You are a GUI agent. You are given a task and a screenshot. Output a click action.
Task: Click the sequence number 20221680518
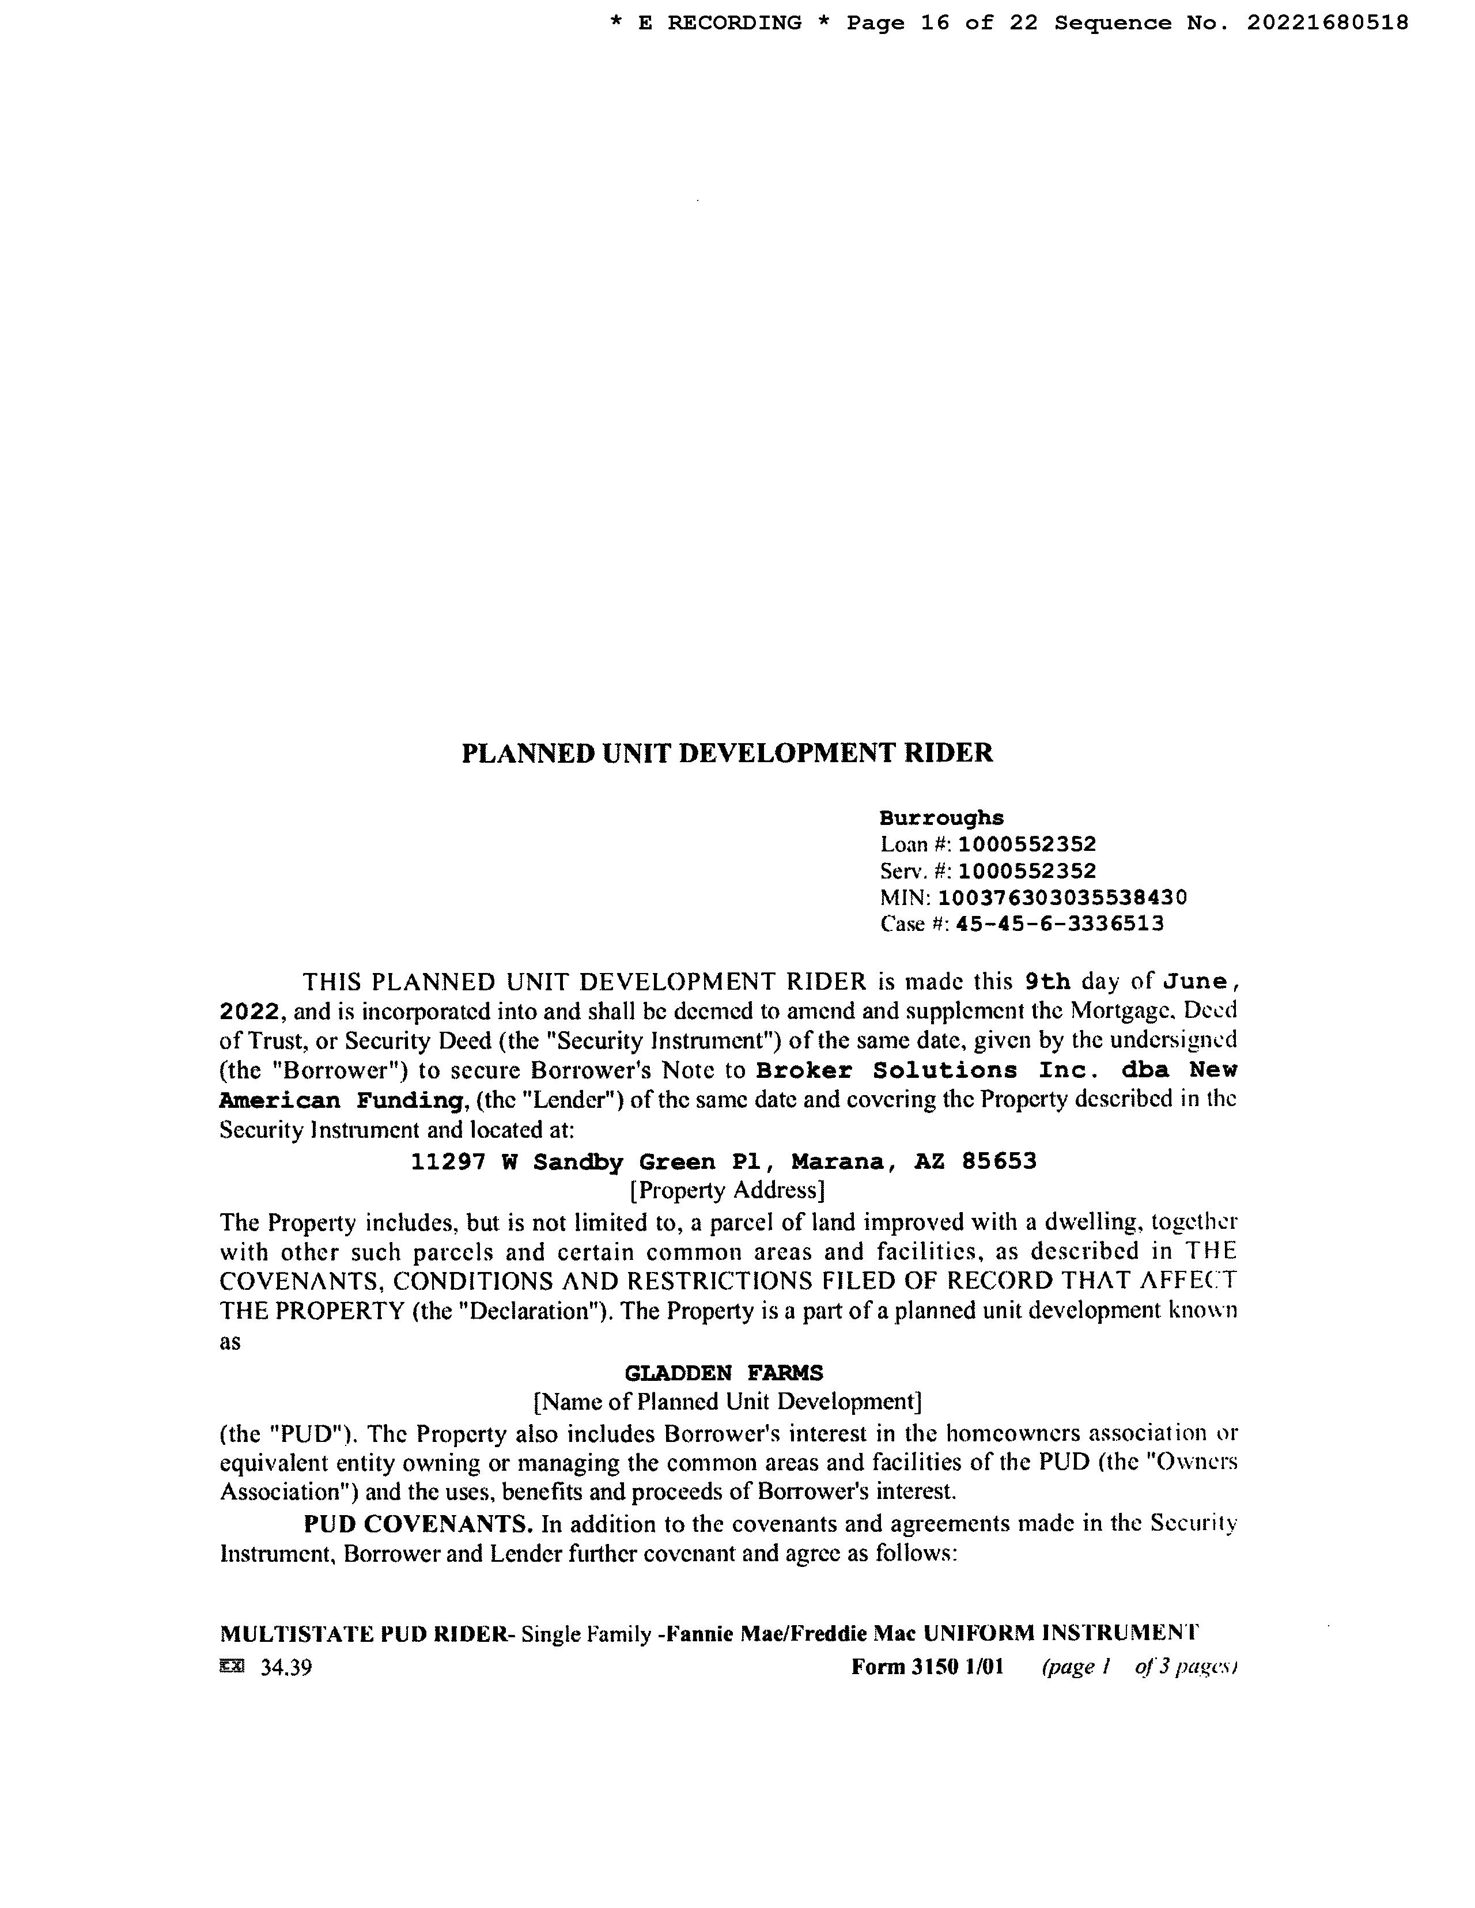1327,22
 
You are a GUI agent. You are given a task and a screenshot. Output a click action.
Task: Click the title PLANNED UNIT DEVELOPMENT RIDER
727,753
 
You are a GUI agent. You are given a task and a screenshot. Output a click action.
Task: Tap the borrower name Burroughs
941,817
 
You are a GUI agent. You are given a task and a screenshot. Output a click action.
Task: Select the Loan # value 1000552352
1027,844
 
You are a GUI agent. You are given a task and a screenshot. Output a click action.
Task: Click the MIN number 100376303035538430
1062,897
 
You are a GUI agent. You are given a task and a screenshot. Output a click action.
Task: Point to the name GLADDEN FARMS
724,1373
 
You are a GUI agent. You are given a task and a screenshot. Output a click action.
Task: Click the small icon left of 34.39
232,1667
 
